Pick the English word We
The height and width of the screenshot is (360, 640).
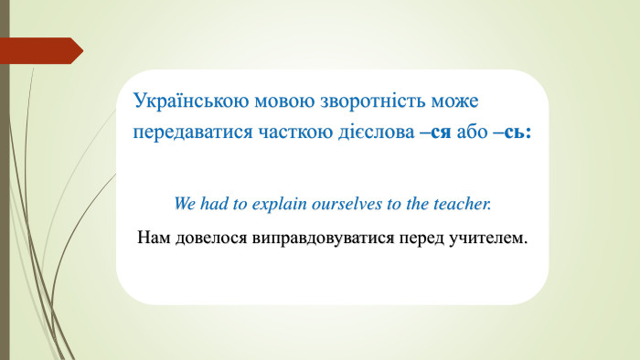(186, 203)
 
